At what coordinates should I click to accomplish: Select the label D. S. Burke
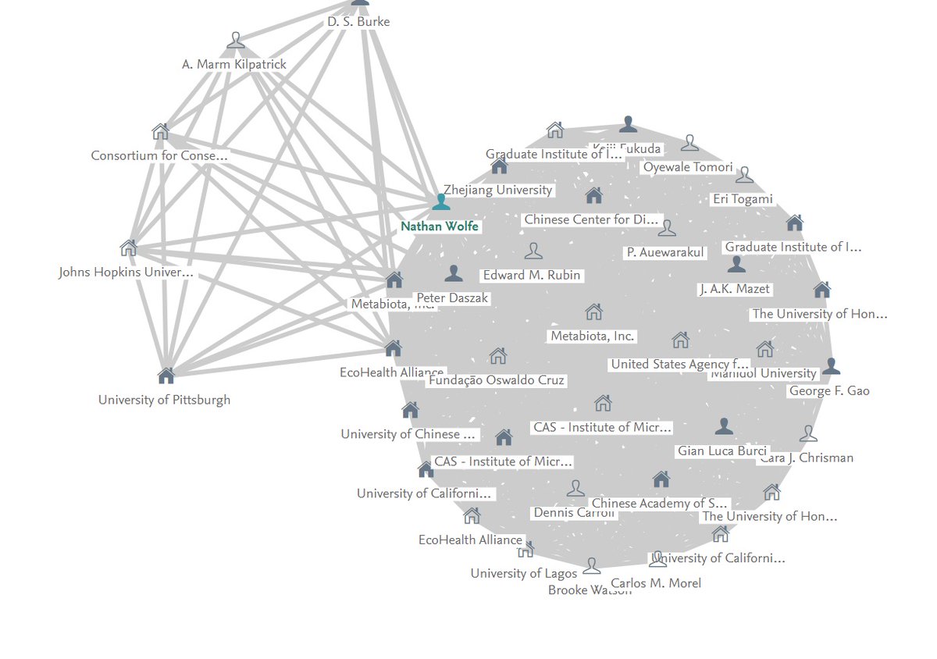[358, 22]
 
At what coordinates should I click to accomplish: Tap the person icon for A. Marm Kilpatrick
[236, 41]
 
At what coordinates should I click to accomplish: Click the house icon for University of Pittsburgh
[166, 376]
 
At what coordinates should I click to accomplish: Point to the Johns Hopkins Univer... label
[126, 273]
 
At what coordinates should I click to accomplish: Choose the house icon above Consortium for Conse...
[160, 131]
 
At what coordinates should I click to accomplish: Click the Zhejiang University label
[497, 190]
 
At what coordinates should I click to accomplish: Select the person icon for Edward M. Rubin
[533, 251]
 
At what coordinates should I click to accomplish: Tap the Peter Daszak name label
[452, 298]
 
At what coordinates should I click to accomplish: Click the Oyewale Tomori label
[688, 167]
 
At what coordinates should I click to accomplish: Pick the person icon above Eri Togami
[744, 175]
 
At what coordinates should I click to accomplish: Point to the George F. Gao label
[829, 390]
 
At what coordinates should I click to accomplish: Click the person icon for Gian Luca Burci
[724, 426]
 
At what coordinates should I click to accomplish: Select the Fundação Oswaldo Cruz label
[497, 380]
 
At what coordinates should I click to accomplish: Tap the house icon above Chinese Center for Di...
[594, 195]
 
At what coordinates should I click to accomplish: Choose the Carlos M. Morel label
[656, 582]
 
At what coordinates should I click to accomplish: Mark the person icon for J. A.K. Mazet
[736, 265]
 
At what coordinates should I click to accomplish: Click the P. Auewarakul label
[665, 252]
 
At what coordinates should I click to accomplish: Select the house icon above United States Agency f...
[680, 340]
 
